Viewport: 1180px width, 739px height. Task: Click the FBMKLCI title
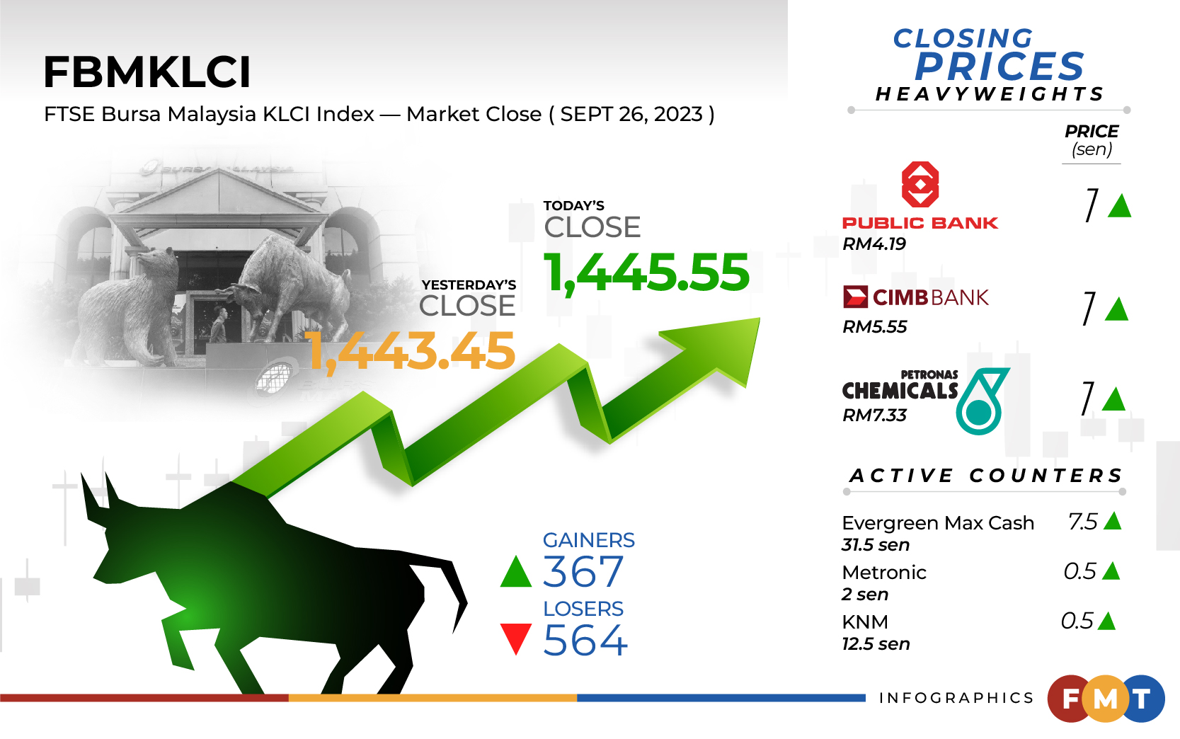pos(147,72)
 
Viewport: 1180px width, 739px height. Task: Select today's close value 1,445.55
pos(646,273)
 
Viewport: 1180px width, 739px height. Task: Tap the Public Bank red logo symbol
pos(920,184)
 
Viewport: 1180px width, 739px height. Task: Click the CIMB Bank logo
pos(915,297)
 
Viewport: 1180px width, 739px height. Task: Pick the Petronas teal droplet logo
pos(981,401)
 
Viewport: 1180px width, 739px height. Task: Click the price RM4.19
pos(874,244)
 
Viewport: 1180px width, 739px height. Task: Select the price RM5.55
pos(874,326)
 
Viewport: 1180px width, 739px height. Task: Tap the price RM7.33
pos(874,415)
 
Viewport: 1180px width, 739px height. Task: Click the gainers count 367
pos(583,571)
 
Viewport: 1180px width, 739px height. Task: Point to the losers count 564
pos(585,640)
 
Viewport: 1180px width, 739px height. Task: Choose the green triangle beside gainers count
pos(516,571)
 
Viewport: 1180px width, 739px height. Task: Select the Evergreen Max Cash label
pos(938,523)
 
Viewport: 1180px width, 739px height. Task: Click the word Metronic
pos(884,573)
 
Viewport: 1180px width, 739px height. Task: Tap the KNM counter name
pos(865,622)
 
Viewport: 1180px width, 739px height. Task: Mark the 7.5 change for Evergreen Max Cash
pos(1082,522)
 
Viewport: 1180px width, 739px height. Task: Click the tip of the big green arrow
pos(759,318)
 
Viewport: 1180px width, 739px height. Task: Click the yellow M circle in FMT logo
pos(1105,699)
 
